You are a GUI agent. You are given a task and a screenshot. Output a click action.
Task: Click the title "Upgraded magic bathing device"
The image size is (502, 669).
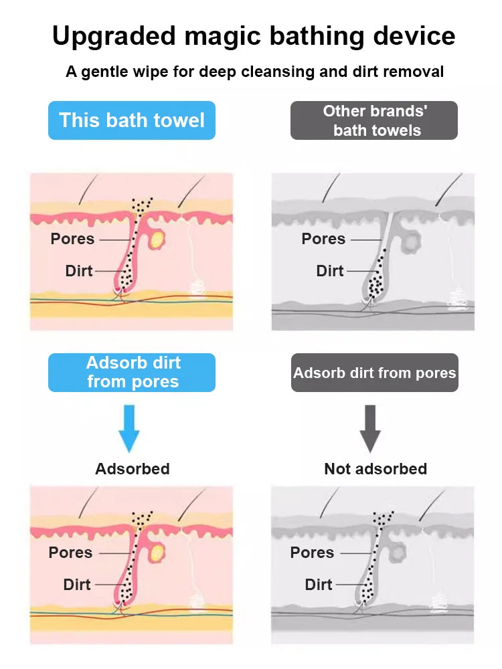tap(254, 35)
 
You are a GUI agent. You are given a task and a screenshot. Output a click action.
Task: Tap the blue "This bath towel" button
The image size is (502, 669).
tap(132, 120)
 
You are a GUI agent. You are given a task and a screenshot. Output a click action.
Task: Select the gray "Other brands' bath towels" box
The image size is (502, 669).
tap(374, 120)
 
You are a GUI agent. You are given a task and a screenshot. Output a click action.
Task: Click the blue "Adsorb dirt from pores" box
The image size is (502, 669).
tap(132, 373)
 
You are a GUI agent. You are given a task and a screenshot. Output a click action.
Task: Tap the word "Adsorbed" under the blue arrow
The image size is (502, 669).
tap(133, 469)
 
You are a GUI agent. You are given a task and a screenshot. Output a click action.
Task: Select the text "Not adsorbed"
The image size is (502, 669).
tap(375, 469)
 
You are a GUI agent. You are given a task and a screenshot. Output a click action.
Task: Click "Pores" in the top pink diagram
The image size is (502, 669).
tap(72, 239)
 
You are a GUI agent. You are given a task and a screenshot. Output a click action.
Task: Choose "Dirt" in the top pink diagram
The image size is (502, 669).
tap(78, 271)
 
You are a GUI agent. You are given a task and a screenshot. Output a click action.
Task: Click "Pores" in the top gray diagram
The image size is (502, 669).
tap(323, 239)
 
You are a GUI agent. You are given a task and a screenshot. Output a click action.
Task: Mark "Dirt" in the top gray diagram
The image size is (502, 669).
tap(330, 271)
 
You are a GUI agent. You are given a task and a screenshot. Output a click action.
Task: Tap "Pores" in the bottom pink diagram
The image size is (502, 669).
tap(70, 553)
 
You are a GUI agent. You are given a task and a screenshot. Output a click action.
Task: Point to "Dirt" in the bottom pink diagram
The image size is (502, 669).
tap(77, 585)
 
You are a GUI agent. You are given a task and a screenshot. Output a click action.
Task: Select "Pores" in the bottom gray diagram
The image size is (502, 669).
tap(312, 553)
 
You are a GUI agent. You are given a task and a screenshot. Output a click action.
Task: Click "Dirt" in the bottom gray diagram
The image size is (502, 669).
tap(319, 585)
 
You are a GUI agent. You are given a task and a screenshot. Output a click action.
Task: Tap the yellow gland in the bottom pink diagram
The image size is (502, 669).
tap(159, 553)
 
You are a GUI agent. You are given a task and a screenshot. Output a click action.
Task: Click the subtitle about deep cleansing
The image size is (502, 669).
tap(254, 72)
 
